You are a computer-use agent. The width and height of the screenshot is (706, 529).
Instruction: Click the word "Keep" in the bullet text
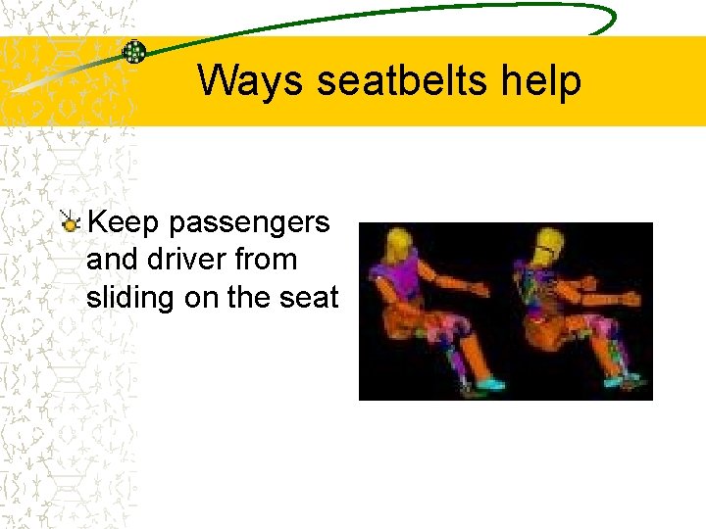[124, 222]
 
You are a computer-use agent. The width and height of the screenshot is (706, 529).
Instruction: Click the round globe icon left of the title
[134, 51]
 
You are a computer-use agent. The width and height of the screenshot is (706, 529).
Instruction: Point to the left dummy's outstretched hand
[478, 290]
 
